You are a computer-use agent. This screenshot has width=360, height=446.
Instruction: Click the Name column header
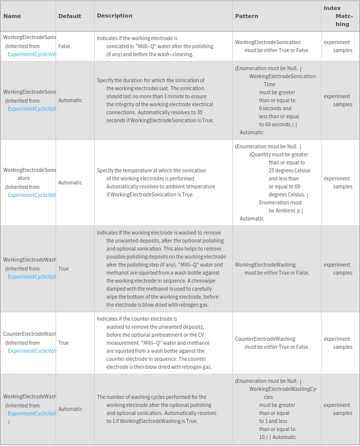12,16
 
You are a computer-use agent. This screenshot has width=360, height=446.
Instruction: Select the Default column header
70,16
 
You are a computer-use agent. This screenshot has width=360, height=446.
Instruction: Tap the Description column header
115,16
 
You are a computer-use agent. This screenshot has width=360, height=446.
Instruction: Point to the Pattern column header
247,16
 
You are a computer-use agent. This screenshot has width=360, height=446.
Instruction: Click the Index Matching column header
340,16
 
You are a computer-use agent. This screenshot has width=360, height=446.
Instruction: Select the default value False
64,46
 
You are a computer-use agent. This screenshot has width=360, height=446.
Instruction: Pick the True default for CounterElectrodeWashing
64,343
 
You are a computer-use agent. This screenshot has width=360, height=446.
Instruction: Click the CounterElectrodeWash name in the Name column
30,334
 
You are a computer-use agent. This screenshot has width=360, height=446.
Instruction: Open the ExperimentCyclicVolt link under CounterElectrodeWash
32,351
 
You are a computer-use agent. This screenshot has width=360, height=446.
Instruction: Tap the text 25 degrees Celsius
289,170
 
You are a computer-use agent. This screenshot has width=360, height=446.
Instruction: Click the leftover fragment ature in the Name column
24,178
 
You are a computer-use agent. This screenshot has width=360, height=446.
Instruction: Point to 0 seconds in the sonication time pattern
275,108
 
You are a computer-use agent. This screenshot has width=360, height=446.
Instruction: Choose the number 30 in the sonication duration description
200,112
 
